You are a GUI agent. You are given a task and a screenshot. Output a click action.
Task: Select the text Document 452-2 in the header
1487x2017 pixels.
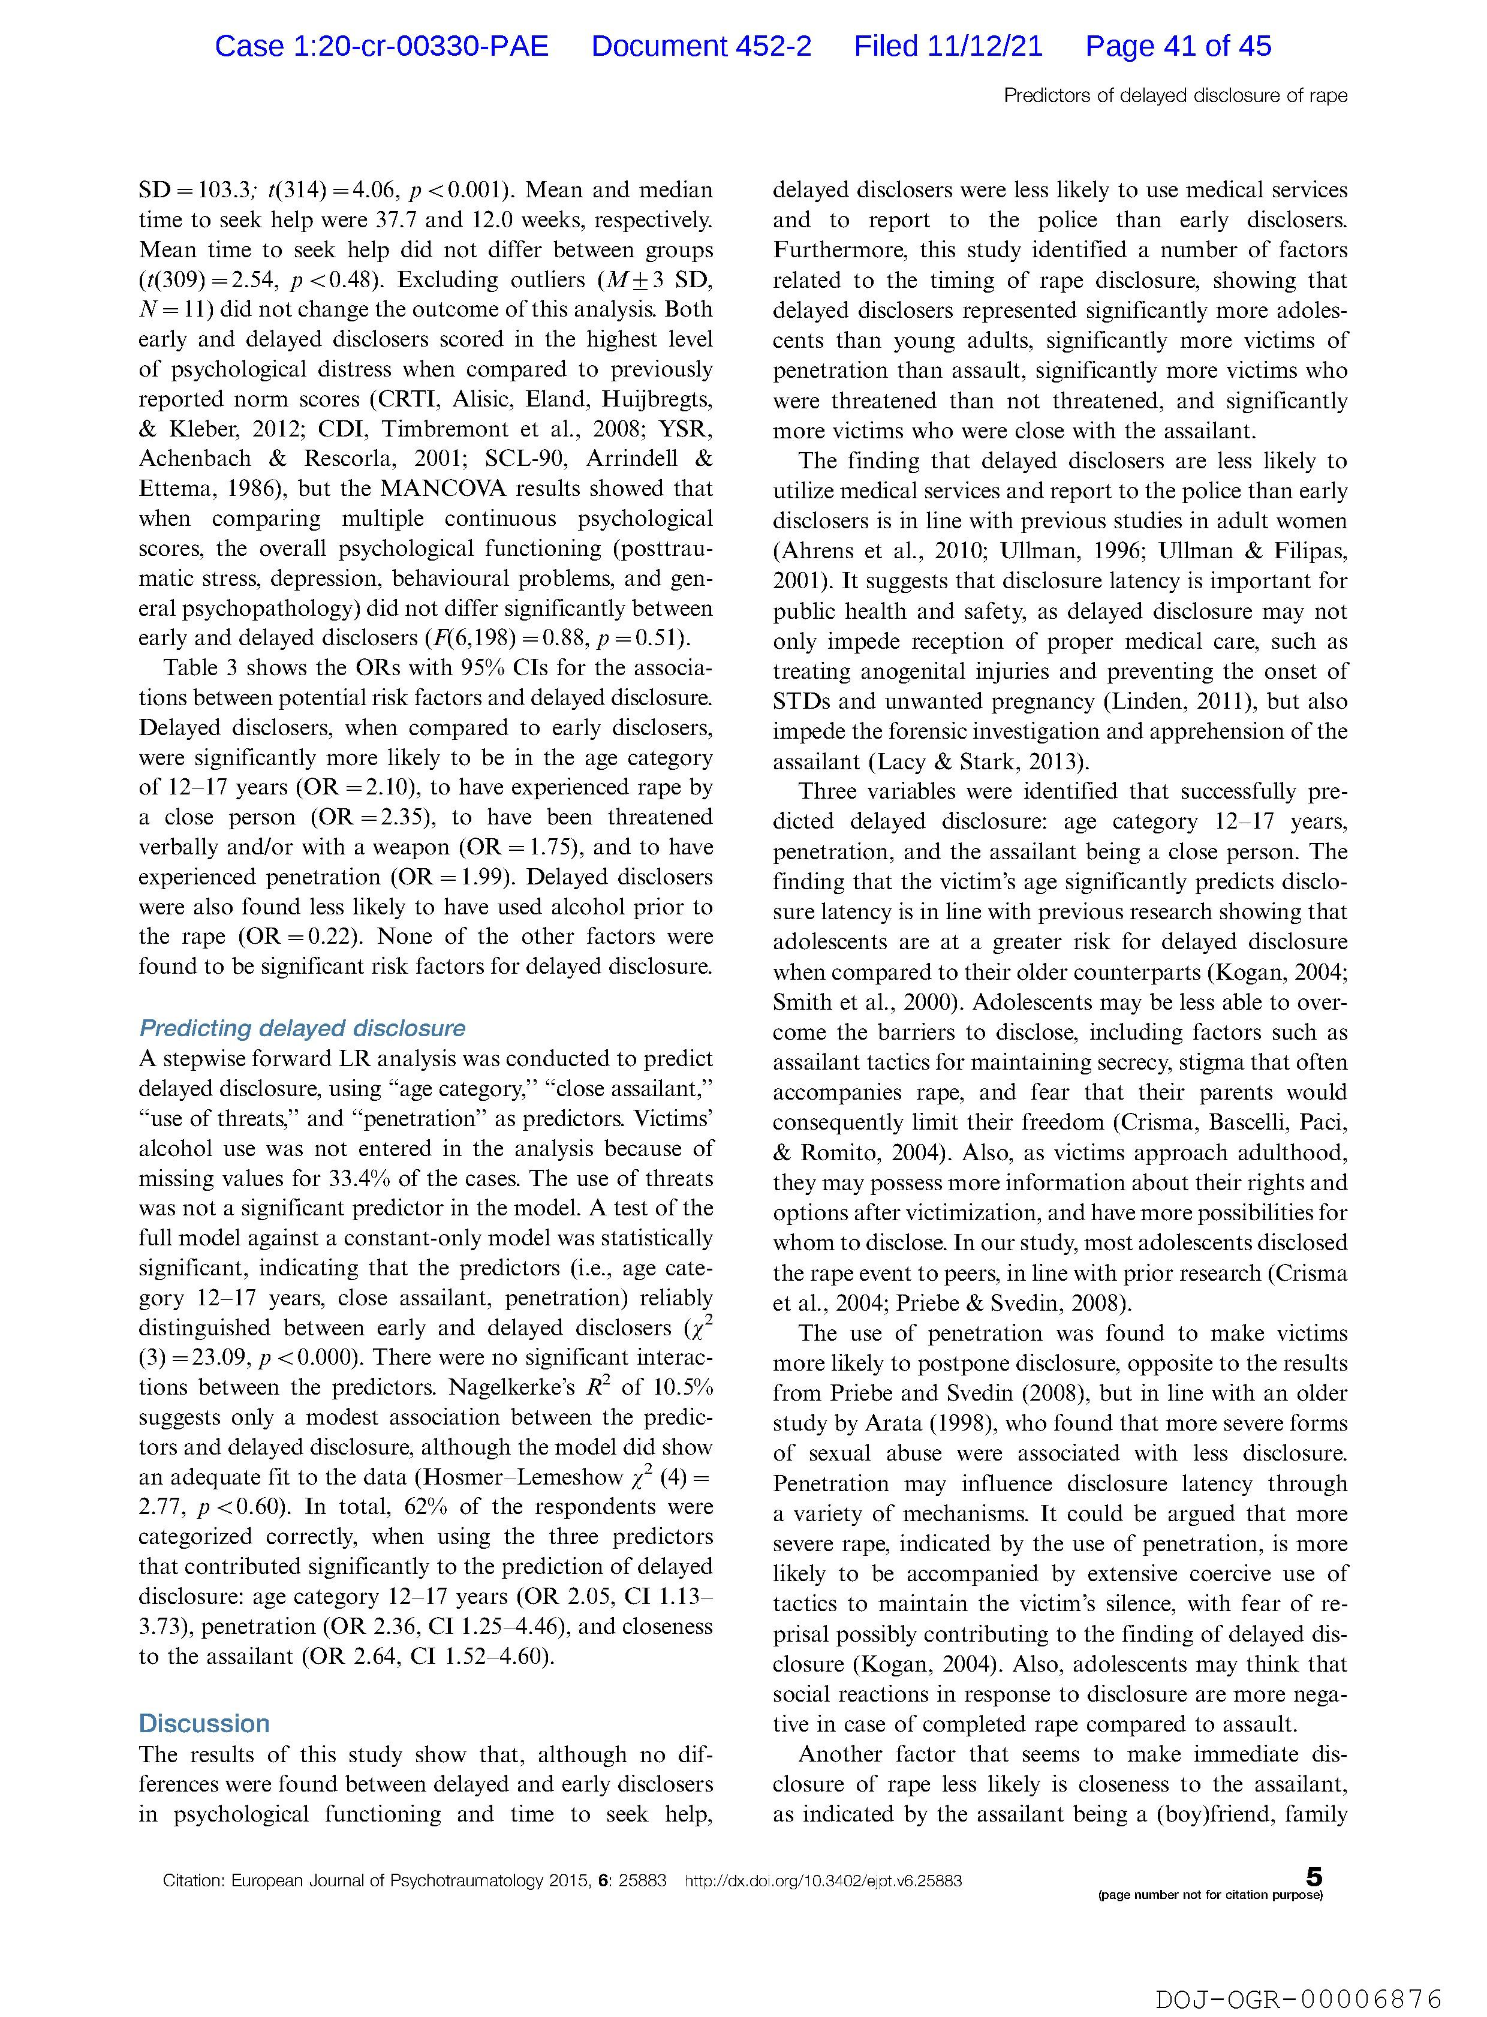[x=701, y=46]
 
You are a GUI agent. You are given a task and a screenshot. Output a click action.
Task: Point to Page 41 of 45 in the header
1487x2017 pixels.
[x=1178, y=46]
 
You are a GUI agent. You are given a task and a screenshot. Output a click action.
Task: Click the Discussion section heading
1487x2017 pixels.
[x=204, y=1724]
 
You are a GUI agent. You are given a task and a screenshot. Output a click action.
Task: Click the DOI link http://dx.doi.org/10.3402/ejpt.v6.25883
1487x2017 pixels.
[x=824, y=1881]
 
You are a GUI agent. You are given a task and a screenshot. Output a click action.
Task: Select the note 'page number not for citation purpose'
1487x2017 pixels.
[x=1211, y=1895]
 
